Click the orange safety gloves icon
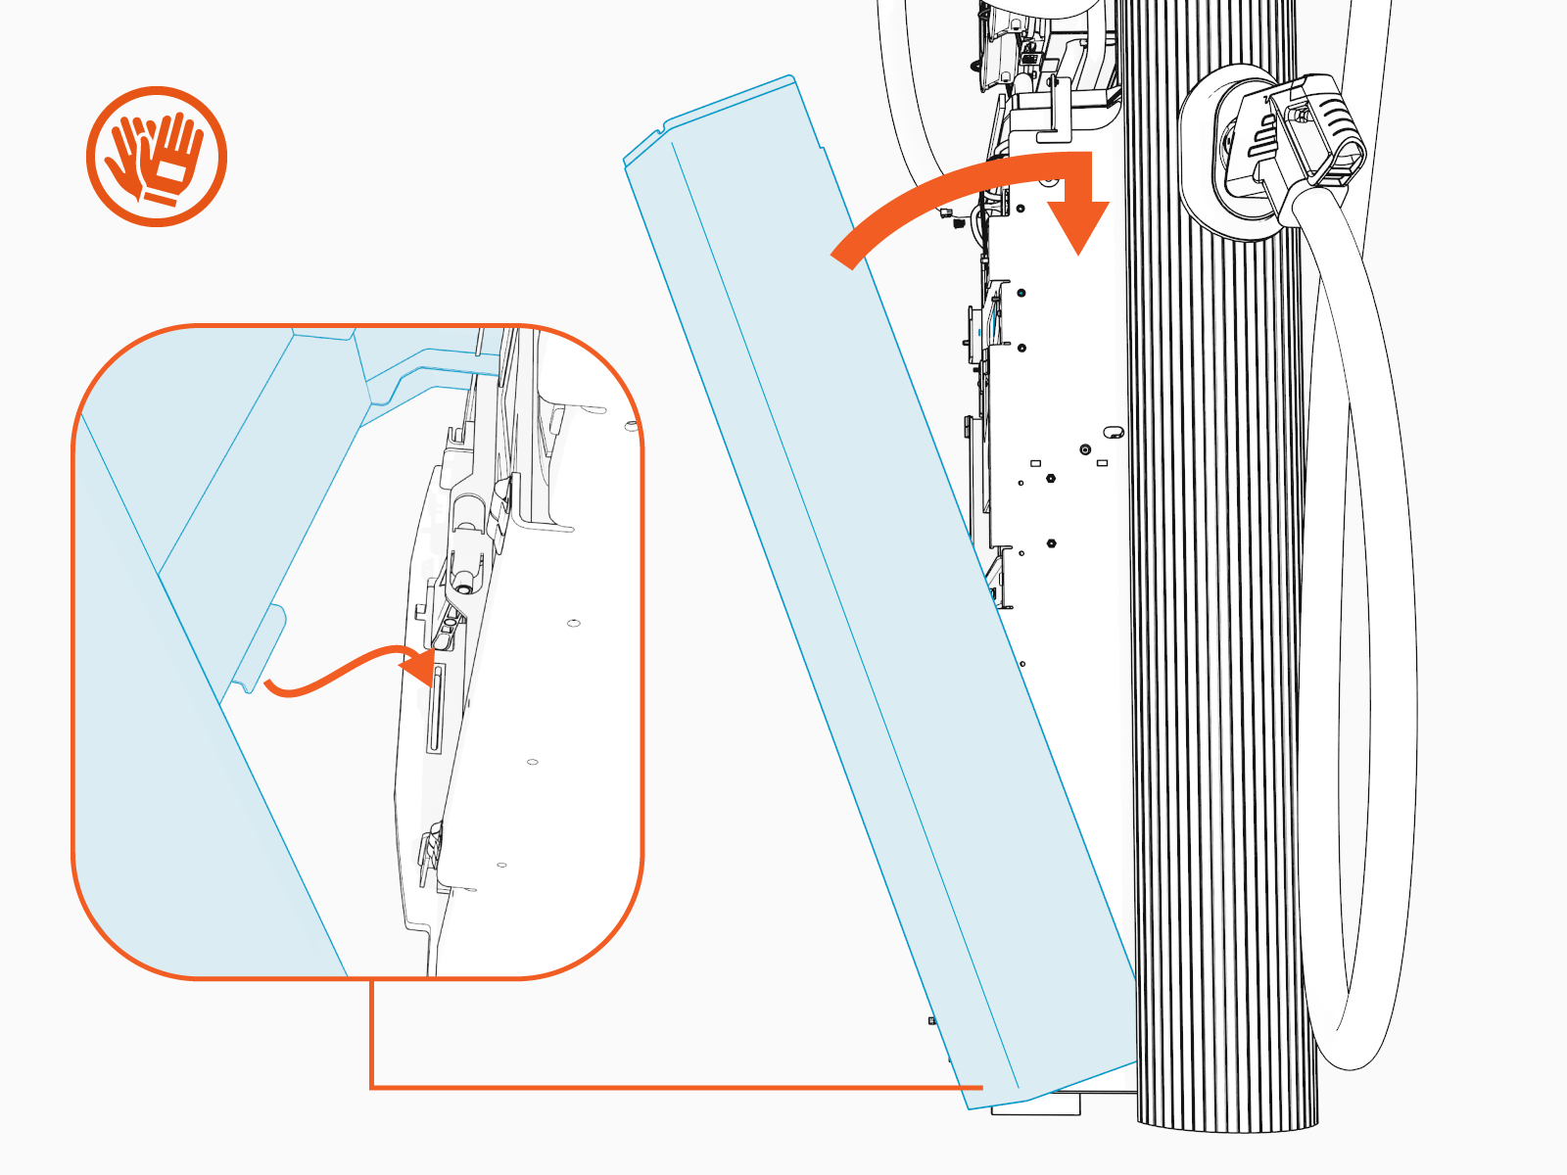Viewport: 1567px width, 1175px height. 157,157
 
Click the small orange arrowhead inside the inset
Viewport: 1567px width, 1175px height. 419,667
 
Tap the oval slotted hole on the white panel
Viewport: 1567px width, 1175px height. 1114,432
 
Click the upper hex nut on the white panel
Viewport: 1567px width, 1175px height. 1051,480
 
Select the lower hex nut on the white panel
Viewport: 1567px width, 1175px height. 1051,542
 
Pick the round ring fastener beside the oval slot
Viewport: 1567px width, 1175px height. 1085,449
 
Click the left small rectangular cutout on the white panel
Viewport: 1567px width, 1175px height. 1035,463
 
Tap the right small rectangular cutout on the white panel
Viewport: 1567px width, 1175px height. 1102,463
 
